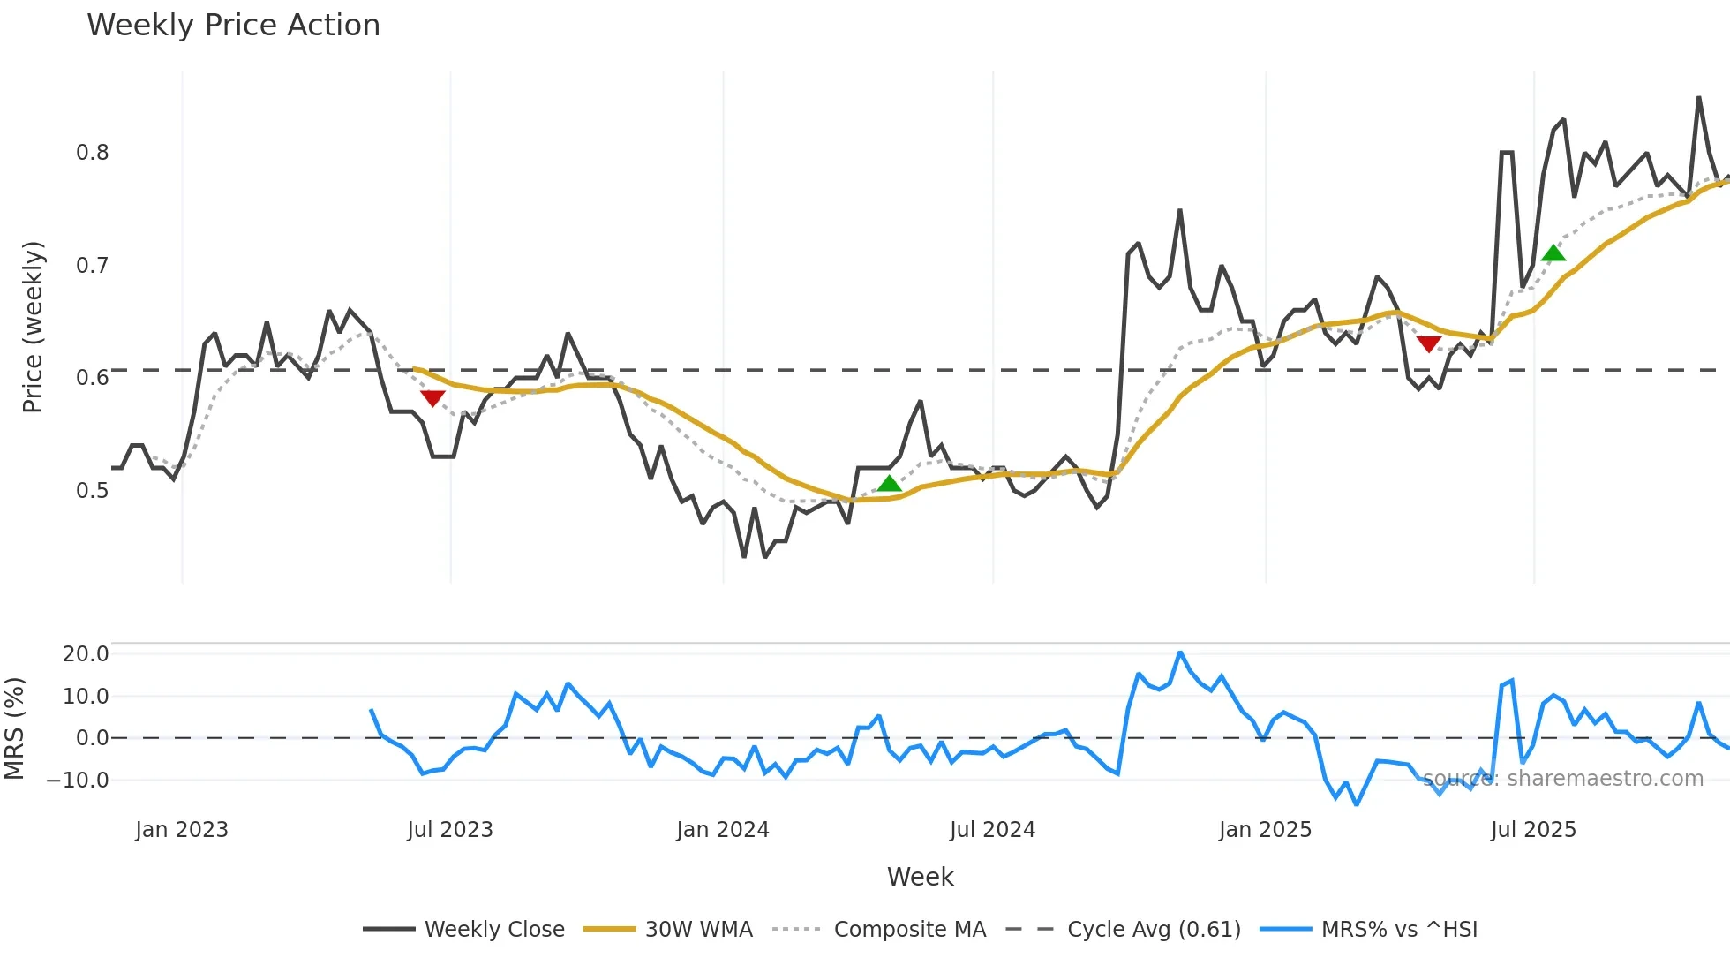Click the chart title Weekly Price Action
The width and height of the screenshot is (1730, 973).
point(233,26)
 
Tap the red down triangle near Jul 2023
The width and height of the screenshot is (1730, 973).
point(432,398)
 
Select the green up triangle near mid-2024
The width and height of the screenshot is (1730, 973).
point(890,483)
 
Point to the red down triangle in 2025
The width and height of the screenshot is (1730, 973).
point(1429,343)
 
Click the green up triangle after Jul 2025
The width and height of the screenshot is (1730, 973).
point(1553,253)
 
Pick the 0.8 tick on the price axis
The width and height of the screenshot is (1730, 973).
point(92,153)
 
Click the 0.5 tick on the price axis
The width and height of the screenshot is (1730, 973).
point(92,490)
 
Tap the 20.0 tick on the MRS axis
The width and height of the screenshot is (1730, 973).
point(86,654)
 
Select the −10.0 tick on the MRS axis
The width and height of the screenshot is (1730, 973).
point(79,781)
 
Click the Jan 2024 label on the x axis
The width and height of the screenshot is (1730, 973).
point(723,830)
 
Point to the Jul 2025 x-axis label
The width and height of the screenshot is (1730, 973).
point(1533,830)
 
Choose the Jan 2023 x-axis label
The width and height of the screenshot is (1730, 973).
point(182,830)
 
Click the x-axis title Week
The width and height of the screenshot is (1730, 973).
point(920,877)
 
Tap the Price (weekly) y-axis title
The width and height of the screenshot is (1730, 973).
point(33,327)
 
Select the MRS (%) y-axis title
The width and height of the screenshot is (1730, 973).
point(15,728)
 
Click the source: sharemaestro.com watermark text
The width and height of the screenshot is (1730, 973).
point(1562,779)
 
